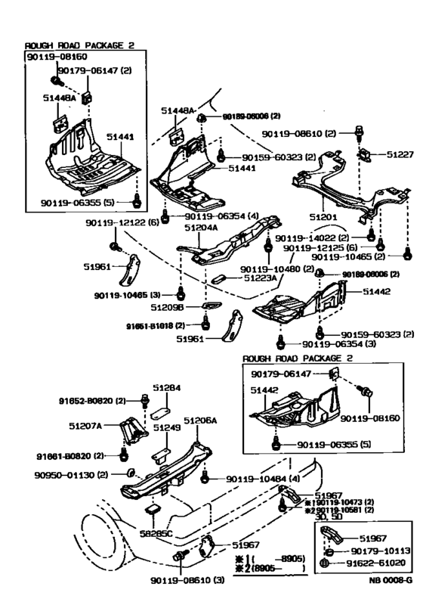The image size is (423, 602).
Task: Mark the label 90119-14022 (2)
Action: [x=323, y=237]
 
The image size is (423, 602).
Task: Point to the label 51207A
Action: [x=103, y=424]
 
